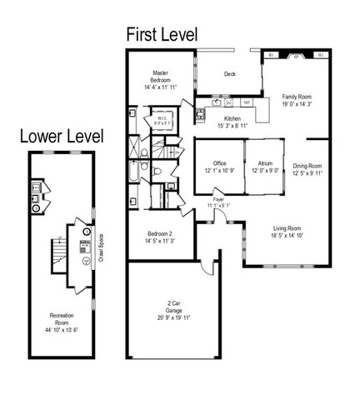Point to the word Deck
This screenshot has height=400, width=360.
point(229,74)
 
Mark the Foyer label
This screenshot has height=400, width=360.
point(219,200)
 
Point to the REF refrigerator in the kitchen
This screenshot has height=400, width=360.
point(247,102)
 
